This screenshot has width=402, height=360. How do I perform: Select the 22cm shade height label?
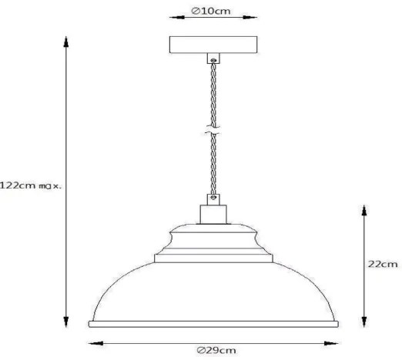(x=383, y=264)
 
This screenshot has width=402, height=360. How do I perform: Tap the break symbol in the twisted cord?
(x=210, y=132)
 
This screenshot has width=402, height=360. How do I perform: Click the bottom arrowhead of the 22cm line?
(x=363, y=323)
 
